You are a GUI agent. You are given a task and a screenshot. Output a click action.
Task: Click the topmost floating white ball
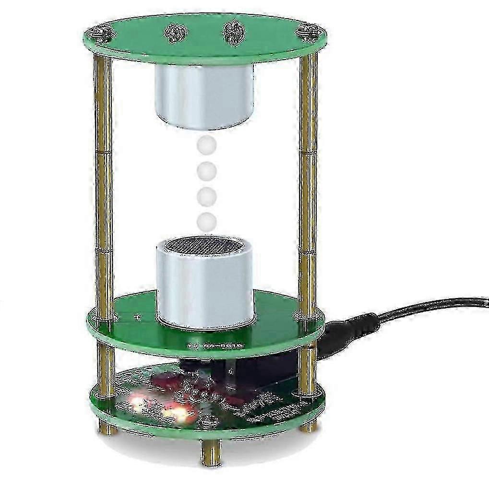(x=207, y=144)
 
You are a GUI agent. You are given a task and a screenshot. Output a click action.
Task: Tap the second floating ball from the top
(x=206, y=170)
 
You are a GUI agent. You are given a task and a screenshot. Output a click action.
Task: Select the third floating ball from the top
(x=206, y=196)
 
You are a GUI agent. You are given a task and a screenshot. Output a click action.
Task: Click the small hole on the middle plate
(x=139, y=317)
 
